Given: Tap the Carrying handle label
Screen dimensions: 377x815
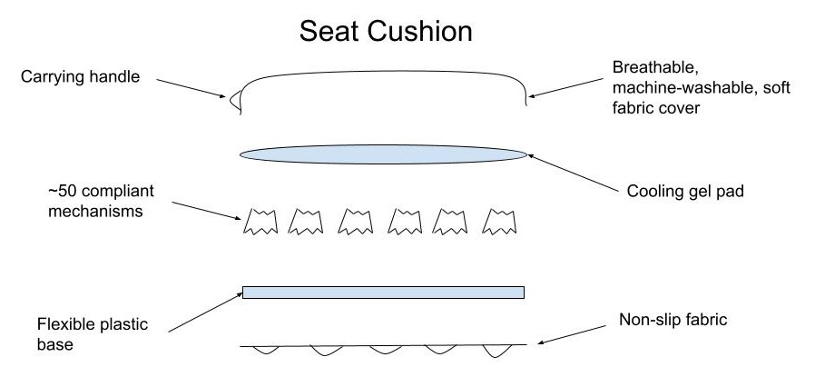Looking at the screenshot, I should click(80, 76).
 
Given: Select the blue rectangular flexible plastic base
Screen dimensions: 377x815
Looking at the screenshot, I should click(383, 292).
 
